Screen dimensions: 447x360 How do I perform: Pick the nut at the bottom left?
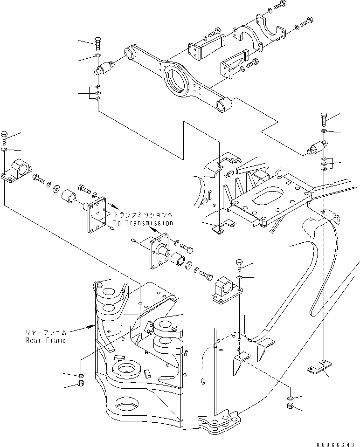pyautogui.click(x=80, y=385)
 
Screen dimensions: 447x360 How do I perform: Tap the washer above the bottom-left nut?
pyautogui.click(x=80, y=375)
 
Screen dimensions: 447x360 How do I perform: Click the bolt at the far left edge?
pyautogui.click(x=4, y=138)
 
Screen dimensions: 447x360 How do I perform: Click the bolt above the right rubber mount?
pyautogui.click(x=325, y=119)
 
